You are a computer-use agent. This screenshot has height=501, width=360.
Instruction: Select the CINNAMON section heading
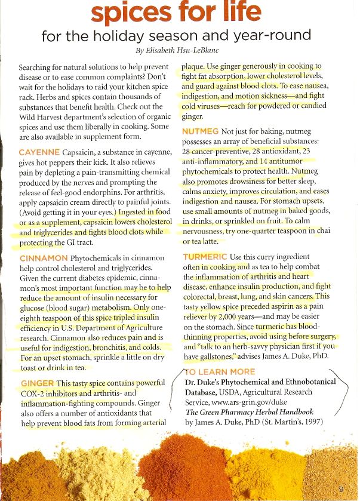tap(42, 259)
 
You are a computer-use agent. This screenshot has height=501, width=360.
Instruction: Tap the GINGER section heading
tap(37, 382)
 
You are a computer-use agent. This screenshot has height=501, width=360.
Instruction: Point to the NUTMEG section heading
tap(199, 131)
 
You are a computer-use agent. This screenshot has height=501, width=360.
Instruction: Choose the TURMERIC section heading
tap(204, 257)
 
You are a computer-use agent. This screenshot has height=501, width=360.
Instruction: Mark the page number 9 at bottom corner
tap(340, 488)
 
